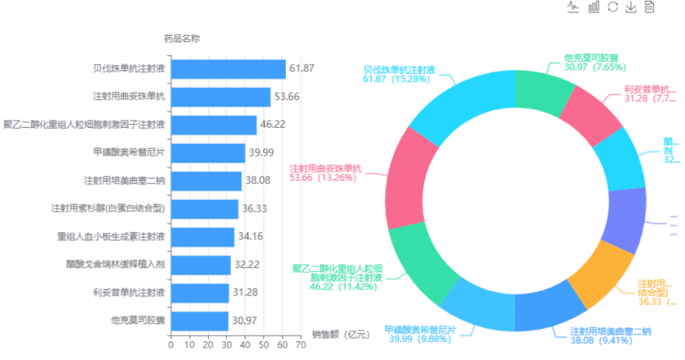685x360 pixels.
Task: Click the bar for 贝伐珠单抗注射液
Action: tap(228, 69)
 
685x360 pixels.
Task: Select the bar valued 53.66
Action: tap(220, 97)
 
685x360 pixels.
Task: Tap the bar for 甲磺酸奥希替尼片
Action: tap(207, 153)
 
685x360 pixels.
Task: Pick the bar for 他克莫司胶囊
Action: tap(200, 321)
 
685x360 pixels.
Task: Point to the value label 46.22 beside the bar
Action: tap(273, 124)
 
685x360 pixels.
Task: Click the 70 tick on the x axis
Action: tap(301, 345)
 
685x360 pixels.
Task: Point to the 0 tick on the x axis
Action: tap(171, 345)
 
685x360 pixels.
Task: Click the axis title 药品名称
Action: tap(182, 39)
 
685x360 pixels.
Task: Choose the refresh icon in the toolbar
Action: tap(612, 7)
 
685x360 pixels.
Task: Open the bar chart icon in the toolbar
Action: tap(593, 7)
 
